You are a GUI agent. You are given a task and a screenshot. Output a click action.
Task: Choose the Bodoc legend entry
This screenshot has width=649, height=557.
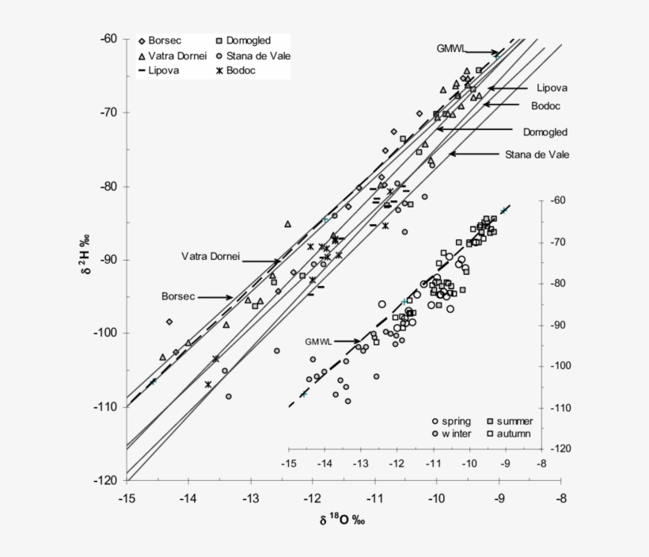tap(241, 71)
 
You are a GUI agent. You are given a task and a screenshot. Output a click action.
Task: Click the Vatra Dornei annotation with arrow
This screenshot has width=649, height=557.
tap(210, 257)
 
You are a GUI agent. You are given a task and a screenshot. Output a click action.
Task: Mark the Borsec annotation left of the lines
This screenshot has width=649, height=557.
tap(178, 296)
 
